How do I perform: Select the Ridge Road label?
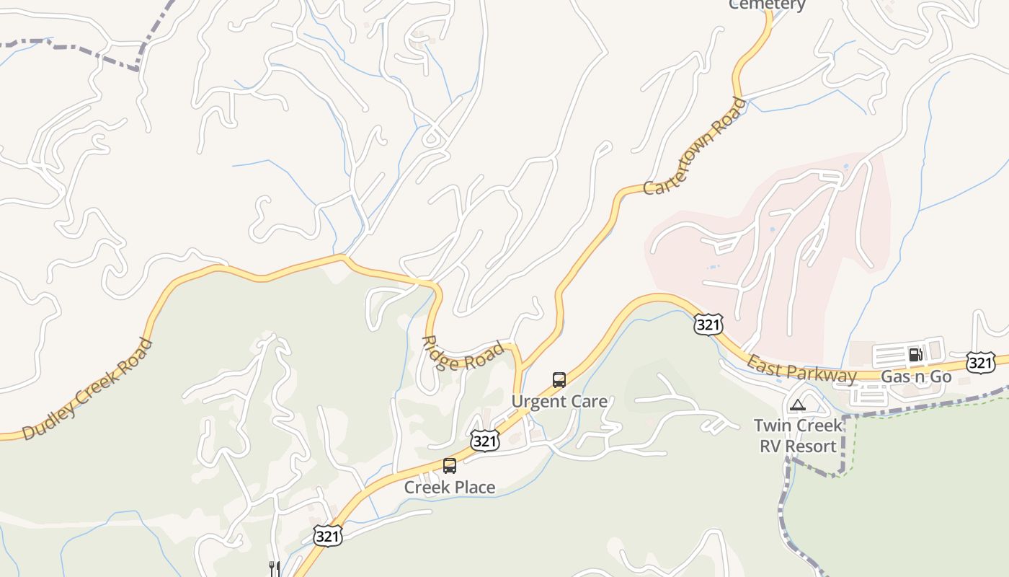pos(463,351)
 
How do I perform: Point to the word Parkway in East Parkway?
pos(822,372)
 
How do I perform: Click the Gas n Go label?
pos(916,376)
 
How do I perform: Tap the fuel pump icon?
pos(915,354)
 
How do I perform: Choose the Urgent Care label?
pos(559,401)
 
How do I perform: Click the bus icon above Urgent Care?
pos(559,380)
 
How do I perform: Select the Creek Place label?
pos(450,488)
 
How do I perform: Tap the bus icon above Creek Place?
pos(450,466)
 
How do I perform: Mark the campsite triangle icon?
pos(797,405)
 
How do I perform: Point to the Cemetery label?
pos(767,4)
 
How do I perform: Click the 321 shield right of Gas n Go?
pos(981,362)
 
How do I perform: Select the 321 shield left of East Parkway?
pos(708,325)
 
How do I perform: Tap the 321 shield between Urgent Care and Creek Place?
pos(485,441)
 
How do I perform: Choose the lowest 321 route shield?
pos(327,535)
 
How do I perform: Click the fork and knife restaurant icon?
pos(274,569)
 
